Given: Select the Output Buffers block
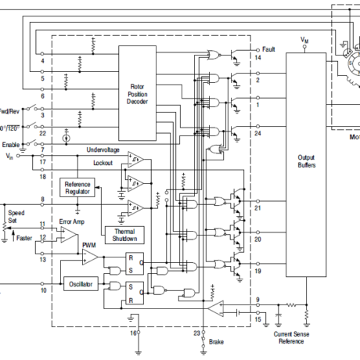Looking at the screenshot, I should [x=306, y=161].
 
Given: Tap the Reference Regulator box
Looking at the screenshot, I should [x=77, y=187].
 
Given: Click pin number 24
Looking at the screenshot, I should [x=257, y=132].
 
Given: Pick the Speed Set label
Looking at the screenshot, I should [x=16, y=216].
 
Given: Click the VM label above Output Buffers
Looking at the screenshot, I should [x=304, y=38].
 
